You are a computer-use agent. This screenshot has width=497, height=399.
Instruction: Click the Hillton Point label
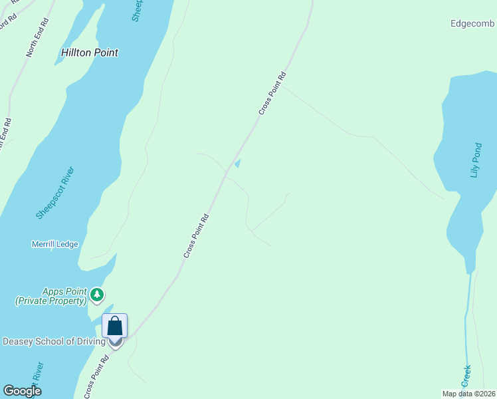point(89,53)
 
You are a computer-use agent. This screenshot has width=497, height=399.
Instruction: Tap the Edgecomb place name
point(472,24)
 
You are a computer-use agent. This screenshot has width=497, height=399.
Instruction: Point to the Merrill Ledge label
point(54,244)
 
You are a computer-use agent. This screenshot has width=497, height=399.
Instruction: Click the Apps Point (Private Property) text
point(52,296)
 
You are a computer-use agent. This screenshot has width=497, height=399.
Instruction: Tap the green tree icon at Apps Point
point(98,293)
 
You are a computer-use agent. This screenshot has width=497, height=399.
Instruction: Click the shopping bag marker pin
point(114,327)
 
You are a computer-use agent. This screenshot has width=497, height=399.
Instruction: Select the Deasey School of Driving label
point(54,342)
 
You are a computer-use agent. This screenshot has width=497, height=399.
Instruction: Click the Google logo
point(22,391)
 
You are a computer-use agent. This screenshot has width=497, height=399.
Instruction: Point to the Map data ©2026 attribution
point(468,394)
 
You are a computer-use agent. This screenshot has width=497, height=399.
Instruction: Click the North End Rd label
point(38,37)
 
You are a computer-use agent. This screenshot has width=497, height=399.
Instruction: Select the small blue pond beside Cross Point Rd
point(237,163)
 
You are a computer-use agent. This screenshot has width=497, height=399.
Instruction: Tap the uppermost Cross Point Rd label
point(272,93)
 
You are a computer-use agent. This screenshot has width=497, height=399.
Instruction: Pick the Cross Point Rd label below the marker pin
point(96,377)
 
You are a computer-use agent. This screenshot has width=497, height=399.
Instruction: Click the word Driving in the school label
point(90,342)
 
